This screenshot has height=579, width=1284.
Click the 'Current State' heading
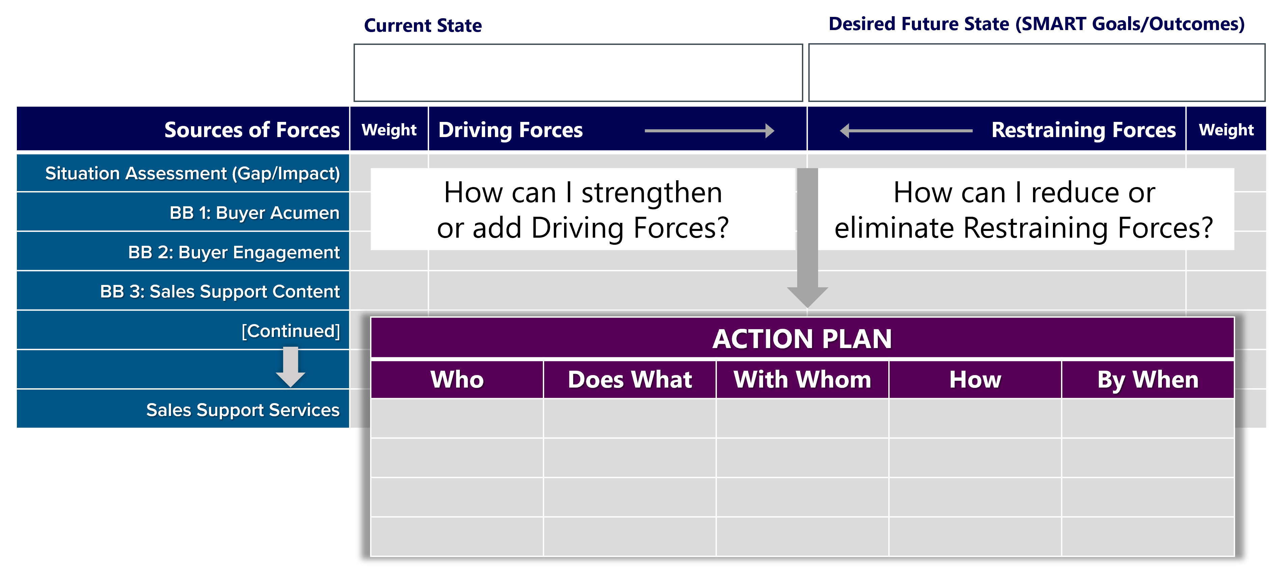(423, 25)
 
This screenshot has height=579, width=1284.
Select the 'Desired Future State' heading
(919, 24)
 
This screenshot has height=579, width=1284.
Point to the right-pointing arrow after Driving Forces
(709, 131)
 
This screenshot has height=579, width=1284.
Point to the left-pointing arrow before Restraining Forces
(906, 131)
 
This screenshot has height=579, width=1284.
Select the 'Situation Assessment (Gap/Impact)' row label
(192, 174)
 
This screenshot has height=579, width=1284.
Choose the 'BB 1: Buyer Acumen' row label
(254, 213)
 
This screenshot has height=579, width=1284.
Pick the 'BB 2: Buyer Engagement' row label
(234, 252)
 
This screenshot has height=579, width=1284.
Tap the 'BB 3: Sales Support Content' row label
(220, 291)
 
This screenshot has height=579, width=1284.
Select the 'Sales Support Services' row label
(243, 410)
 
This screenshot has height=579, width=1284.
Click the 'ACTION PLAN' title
(802, 339)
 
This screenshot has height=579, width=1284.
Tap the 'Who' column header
(457, 379)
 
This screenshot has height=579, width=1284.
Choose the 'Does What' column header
(630, 379)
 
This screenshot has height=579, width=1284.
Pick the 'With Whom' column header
(803, 379)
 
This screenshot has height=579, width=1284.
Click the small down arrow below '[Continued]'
(290, 367)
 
